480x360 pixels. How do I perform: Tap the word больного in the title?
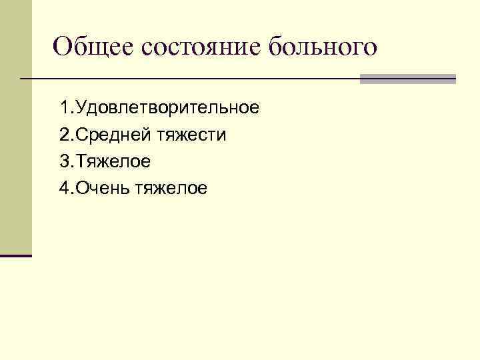tap(323, 48)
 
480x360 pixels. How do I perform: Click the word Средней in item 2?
tap(114, 135)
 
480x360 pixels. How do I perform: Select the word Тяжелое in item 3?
tap(114, 162)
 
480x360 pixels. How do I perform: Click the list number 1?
tap(63, 107)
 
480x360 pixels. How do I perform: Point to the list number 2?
tap(63, 135)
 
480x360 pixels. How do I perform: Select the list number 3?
tap(63, 162)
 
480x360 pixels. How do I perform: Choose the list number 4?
tap(63, 189)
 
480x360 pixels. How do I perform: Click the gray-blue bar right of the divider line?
tap(407, 79)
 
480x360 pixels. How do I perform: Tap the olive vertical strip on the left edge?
tap(15, 127)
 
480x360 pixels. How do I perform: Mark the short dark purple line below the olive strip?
tap(15, 255)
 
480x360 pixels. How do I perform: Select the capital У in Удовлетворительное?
tap(82, 107)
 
